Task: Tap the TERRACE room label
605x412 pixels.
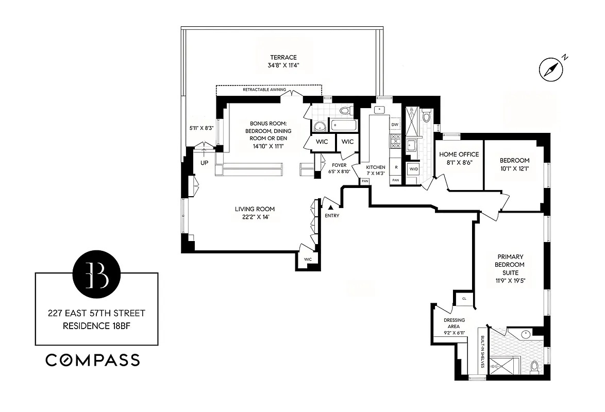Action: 283,57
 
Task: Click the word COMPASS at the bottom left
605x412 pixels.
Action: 93,360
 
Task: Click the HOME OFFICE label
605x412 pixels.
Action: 459,154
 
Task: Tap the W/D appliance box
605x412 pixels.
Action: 413,169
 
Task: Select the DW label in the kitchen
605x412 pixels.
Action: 395,125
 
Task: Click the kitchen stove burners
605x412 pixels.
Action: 395,141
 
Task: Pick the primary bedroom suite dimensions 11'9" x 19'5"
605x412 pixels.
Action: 510,281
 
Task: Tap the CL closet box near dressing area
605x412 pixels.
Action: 464,298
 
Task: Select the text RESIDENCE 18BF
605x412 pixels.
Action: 97,325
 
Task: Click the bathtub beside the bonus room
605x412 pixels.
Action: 342,125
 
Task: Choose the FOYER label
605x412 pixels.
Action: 339,165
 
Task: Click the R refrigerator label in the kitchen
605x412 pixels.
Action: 396,168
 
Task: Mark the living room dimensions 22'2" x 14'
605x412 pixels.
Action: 255,217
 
